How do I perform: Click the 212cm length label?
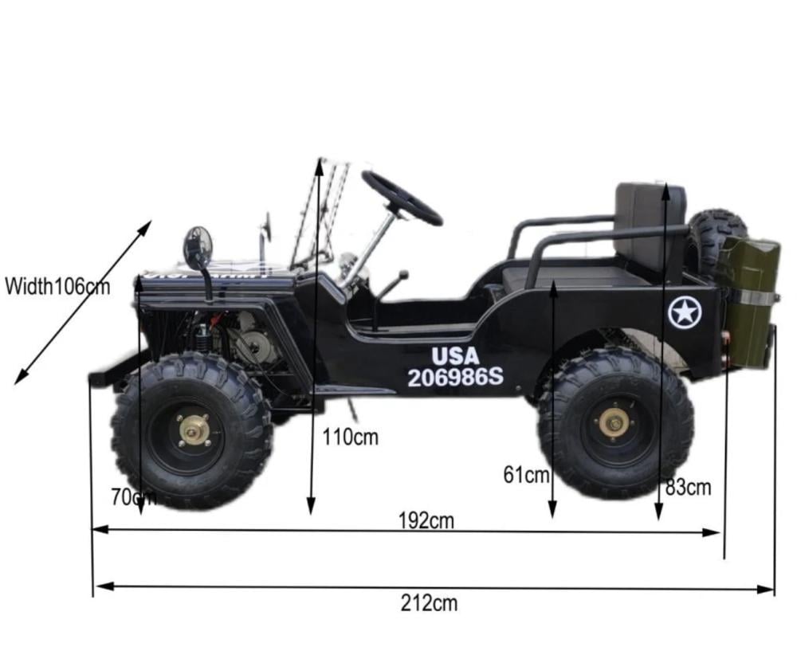click(429, 603)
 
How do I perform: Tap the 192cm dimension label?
click(426, 521)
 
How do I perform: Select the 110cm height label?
click(351, 437)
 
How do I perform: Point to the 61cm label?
click(526, 475)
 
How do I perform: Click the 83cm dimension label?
click(689, 488)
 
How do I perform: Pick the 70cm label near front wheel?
click(134, 497)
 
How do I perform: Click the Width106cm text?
click(57, 287)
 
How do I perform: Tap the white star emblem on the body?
click(684, 312)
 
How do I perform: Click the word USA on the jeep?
click(455, 356)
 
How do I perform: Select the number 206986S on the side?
click(455, 377)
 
